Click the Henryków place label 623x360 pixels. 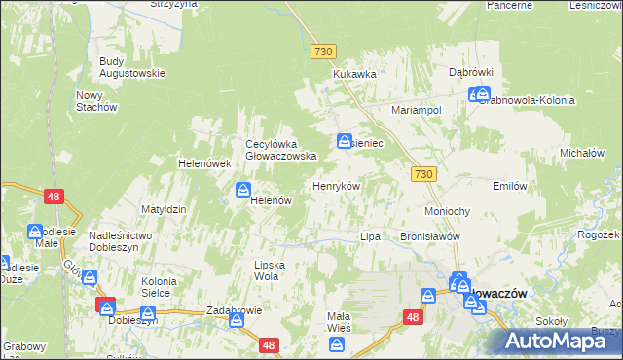(x=336, y=186)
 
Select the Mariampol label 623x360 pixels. (x=417, y=110)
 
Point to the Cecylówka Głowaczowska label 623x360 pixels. (x=281, y=149)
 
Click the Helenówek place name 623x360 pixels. (x=202, y=163)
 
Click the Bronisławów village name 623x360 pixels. (x=429, y=236)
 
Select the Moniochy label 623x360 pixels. (x=448, y=211)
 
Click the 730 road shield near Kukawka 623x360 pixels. (x=324, y=51)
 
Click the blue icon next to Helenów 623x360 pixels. (x=243, y=190)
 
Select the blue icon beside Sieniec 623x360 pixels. (x=345, y=142)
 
